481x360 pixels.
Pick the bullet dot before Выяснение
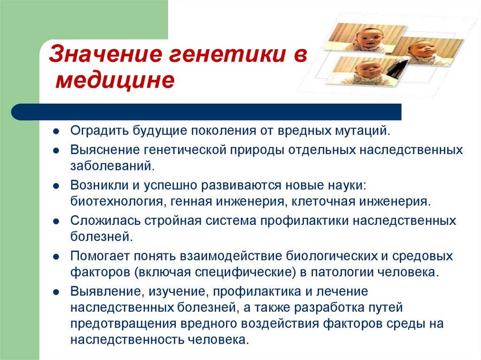pos(56,151)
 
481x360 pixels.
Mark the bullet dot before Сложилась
pos(56,221)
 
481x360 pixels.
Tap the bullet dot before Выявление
pos(56,292)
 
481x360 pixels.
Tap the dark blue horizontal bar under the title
pos(207,112)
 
